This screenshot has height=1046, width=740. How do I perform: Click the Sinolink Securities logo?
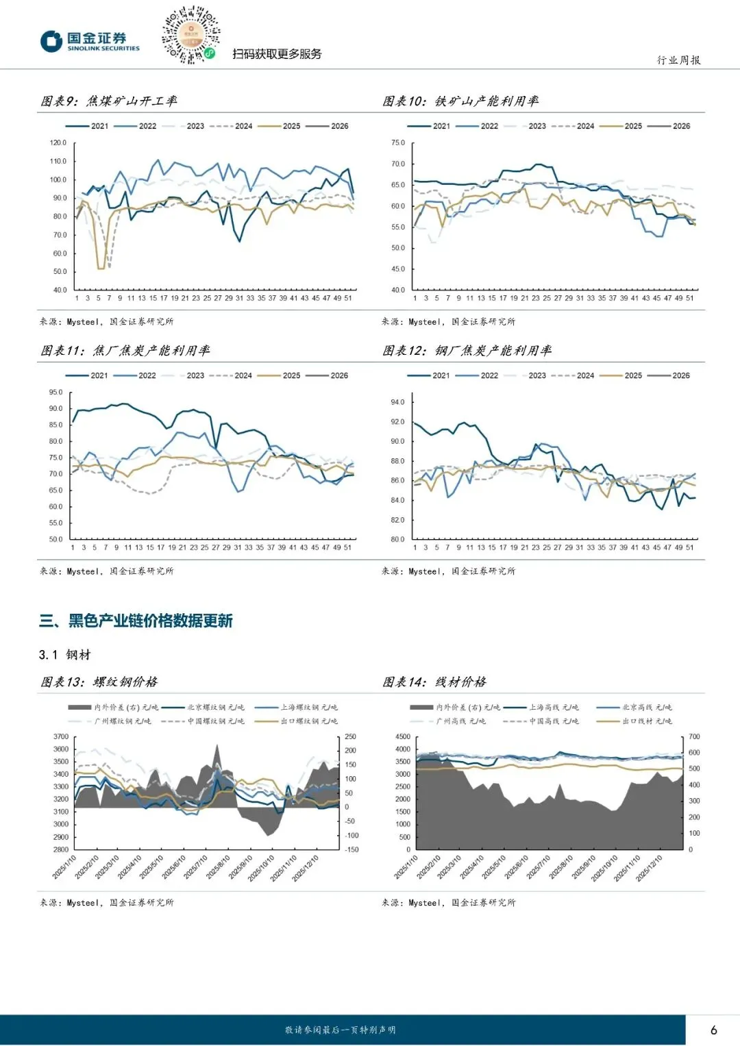point(90,41)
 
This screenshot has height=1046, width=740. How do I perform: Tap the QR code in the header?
point(190,34)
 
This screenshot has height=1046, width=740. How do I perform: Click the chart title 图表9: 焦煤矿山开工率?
point(109,101)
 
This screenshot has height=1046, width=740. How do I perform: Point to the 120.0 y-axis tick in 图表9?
point(58,143)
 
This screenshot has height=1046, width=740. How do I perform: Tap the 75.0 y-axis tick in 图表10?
point(398,143)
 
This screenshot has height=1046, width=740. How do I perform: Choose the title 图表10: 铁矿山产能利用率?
point(460,101)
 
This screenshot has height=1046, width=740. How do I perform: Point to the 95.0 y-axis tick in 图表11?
point(56,393)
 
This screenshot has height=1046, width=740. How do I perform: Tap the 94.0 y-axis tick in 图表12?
point(398,402)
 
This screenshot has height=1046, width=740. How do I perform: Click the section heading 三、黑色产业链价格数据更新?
point(136,621)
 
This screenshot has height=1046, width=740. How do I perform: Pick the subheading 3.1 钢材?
point(65,655)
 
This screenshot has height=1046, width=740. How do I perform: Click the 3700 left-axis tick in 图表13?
point(61,737)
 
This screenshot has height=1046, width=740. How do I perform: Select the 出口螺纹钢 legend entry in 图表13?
point(309,721)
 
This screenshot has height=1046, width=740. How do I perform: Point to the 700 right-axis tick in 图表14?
point(694,737)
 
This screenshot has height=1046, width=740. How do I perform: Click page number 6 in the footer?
point(714,1030)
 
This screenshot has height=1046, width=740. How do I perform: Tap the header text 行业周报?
point(678,60)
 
